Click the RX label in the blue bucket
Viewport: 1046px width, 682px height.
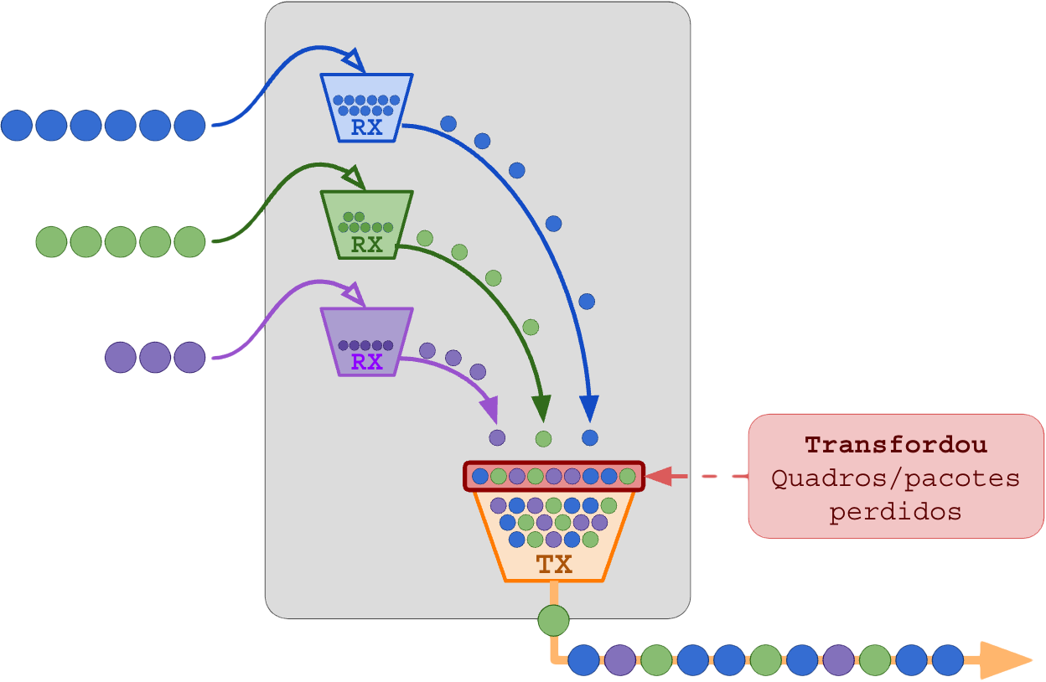tap(367, 128)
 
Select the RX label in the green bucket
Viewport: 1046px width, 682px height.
tap(367, 245)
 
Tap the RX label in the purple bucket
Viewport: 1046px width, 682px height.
tap(367, 362)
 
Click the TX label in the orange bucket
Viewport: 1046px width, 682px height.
tap(554, 564)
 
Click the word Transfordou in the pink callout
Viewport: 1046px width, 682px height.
tap(896, 445)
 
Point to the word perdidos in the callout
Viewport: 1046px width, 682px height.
tap(896, 511)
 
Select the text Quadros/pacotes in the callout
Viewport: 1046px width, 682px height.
tap(896, 478)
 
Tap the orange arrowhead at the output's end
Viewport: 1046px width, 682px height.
tap(1005, 660)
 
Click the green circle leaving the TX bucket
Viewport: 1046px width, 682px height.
tap(553, 621)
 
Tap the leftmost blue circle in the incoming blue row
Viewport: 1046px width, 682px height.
tap(16, 125)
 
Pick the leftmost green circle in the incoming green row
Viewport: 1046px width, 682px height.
tap(51, 241)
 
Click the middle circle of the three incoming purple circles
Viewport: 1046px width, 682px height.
tap(155, 358)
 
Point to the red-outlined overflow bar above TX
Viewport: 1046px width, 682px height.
tap(554, 476)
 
